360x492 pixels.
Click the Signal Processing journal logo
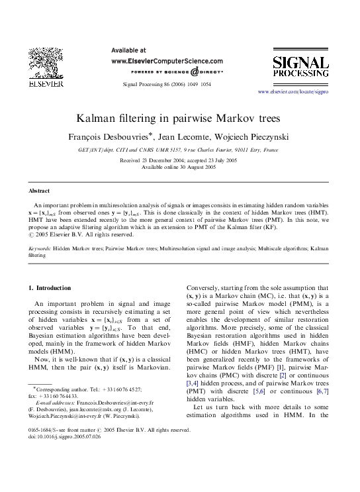[301, 69]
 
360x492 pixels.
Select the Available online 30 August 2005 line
[180, 168]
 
